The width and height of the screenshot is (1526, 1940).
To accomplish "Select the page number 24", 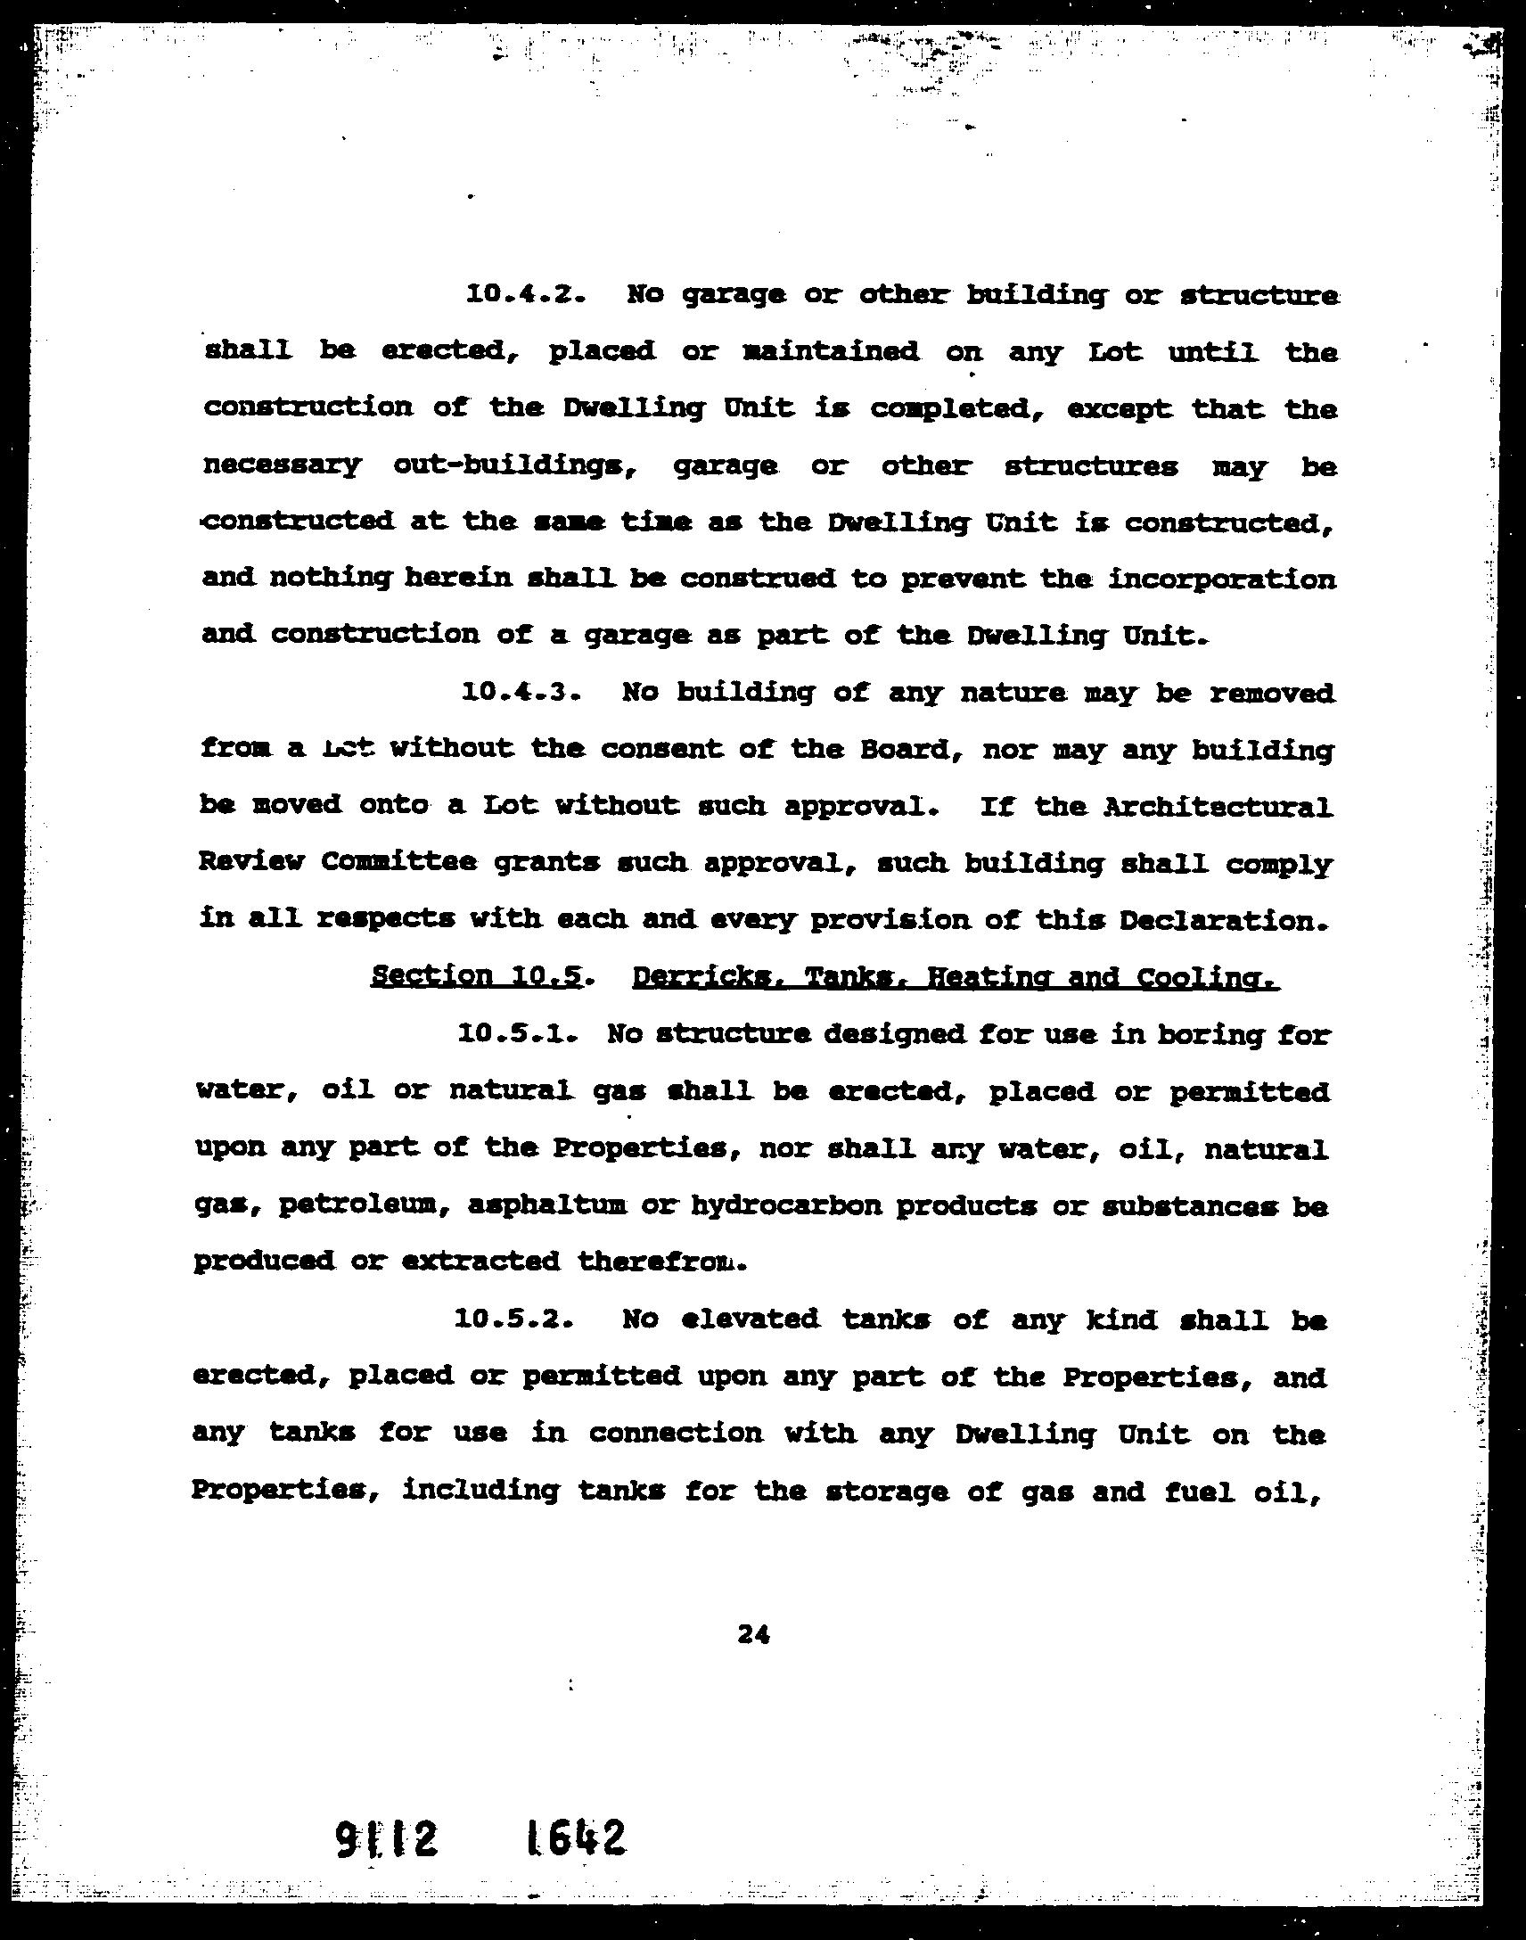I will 753,1634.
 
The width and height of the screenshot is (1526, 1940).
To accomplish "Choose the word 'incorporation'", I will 1222,579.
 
